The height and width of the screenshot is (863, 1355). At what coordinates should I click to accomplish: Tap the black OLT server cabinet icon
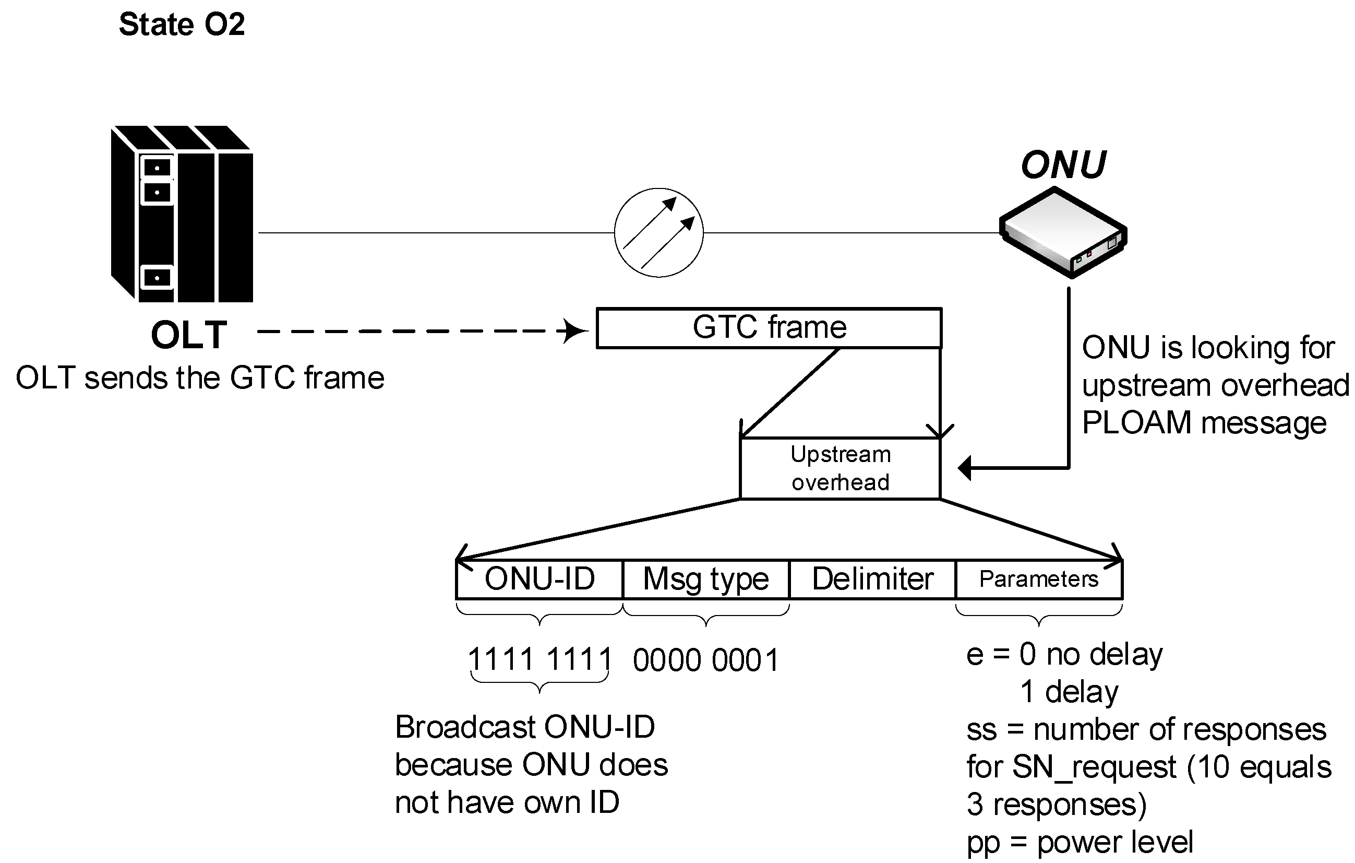(182, 214)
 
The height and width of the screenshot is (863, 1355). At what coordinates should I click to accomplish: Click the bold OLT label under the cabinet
(189, 335)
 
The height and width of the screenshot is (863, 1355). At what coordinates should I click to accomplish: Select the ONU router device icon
(1063, 232)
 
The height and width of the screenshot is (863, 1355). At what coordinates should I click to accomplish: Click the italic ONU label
(1063, 165)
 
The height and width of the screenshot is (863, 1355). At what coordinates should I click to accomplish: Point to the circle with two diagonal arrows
(658, 232)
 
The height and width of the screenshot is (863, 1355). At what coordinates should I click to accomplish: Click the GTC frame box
(769, 328)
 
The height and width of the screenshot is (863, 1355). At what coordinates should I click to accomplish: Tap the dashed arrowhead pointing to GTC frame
(574, 331)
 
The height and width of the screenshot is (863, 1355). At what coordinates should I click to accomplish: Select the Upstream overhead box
(840, 468)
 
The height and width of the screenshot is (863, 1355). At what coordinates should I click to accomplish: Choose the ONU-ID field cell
(539, 578)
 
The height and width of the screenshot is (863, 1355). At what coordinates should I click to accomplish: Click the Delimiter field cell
(872, 578)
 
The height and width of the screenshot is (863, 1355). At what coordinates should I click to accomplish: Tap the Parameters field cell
(1039, 578)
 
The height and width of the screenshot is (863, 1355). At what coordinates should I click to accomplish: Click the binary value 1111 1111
(539, 659)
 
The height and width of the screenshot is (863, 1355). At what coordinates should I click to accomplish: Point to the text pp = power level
(1080, 843)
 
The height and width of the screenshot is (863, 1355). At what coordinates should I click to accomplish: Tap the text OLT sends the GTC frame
(200, 378)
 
